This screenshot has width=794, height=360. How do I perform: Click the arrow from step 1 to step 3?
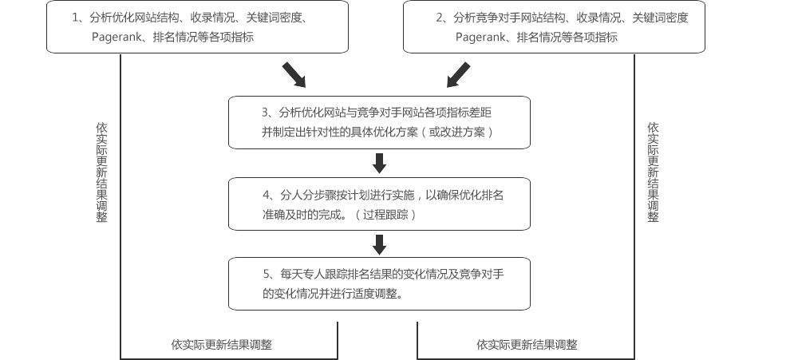(294, 74)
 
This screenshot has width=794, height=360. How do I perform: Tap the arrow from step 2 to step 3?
(458, 74)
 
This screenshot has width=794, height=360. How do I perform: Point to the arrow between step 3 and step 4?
(380, 163)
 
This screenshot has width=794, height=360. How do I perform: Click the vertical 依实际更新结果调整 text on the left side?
(101, 172)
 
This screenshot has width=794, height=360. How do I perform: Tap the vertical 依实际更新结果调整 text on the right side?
(653, 172)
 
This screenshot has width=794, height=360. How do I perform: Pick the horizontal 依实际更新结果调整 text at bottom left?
(221, 345)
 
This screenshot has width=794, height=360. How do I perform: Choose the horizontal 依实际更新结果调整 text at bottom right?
(527, 345)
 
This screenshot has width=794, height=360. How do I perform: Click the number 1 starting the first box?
(75, 17)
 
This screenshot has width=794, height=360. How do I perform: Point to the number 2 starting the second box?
(439, 17)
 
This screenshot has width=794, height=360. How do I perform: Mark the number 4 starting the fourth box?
(266, 195)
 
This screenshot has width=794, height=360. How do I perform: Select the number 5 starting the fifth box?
(266, 274)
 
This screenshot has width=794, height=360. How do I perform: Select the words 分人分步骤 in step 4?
(308, 195)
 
